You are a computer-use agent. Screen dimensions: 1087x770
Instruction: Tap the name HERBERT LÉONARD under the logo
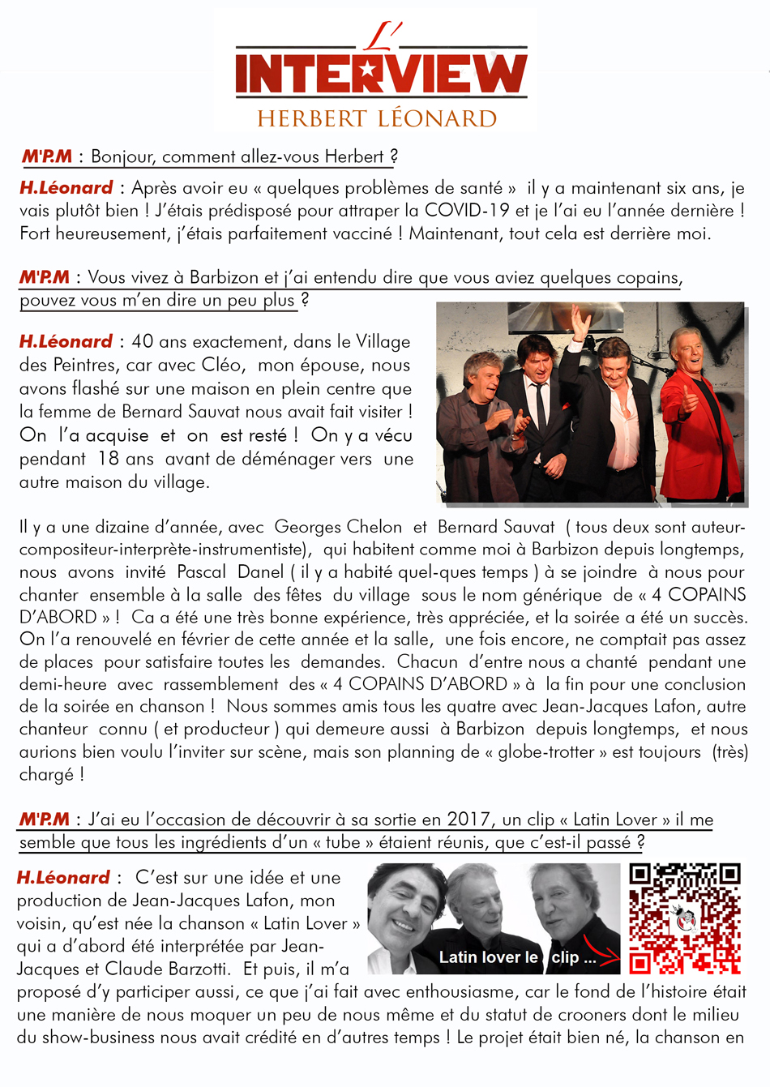point(377,118)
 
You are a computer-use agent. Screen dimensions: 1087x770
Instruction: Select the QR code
point(685,918)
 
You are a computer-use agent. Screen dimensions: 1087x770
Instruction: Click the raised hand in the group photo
point(580,323)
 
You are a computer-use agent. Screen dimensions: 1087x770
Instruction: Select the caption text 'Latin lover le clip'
point(516,957)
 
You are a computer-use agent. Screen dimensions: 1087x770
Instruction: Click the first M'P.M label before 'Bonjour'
point(47,156)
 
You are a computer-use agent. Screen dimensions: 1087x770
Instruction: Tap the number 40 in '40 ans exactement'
point(142,342)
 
